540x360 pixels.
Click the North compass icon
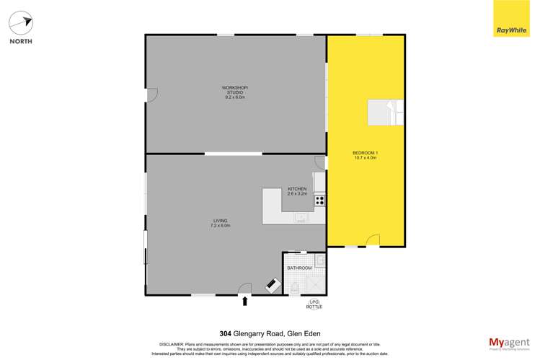(x=21, y=23)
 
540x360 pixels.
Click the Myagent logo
(x=508, y=343)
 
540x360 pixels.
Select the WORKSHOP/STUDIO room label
(x=235, y=92)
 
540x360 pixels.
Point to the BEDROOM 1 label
(x=366, y=154)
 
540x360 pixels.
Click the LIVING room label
(x=220, y=222)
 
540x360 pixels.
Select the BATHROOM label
(x=299, y=268)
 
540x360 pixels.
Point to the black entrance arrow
(x=245, y=302)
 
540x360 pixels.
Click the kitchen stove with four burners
(x=319, y=201)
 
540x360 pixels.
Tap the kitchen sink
(x=301, y=217)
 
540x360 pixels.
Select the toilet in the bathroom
(x=294, y=288)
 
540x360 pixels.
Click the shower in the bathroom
(x=316, y=282)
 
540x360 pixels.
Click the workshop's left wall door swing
(x=151, y=95)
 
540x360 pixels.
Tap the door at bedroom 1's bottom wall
(x=373, y=240)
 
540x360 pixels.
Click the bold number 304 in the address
(x=226, y=334)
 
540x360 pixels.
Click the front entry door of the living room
(x=244, y=289)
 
